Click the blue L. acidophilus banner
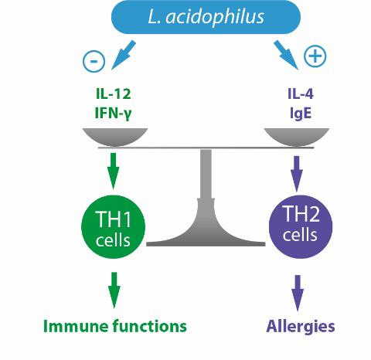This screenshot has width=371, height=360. [x=206, y=17]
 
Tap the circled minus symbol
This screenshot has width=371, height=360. [x=94, y=61]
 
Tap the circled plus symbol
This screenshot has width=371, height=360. [x=315, y=56]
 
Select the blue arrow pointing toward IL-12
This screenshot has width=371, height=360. [x=124, y=55]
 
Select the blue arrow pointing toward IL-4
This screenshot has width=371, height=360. [x=286, y=55]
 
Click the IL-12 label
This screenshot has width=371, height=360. [x=114, y=93]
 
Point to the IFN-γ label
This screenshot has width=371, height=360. [x=114, y=114]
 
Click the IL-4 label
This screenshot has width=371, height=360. [x=301, y=93]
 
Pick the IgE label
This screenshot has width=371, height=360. [x=301, y=114]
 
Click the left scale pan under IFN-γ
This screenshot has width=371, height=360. [x=115, y=137]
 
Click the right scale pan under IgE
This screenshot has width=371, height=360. [x=297, y=137]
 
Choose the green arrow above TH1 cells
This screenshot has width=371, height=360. [x=113, y=171]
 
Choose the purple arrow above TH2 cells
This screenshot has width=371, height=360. [x=297, y=174]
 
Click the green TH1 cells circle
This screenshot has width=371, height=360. [x=113, y=227]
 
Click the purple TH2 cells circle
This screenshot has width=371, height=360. [x=301, y=227]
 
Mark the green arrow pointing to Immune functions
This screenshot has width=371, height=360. [x=114, y=290]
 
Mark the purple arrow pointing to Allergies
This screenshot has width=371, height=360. [x=298, y=293]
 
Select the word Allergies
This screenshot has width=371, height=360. [x=301, y=327]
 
